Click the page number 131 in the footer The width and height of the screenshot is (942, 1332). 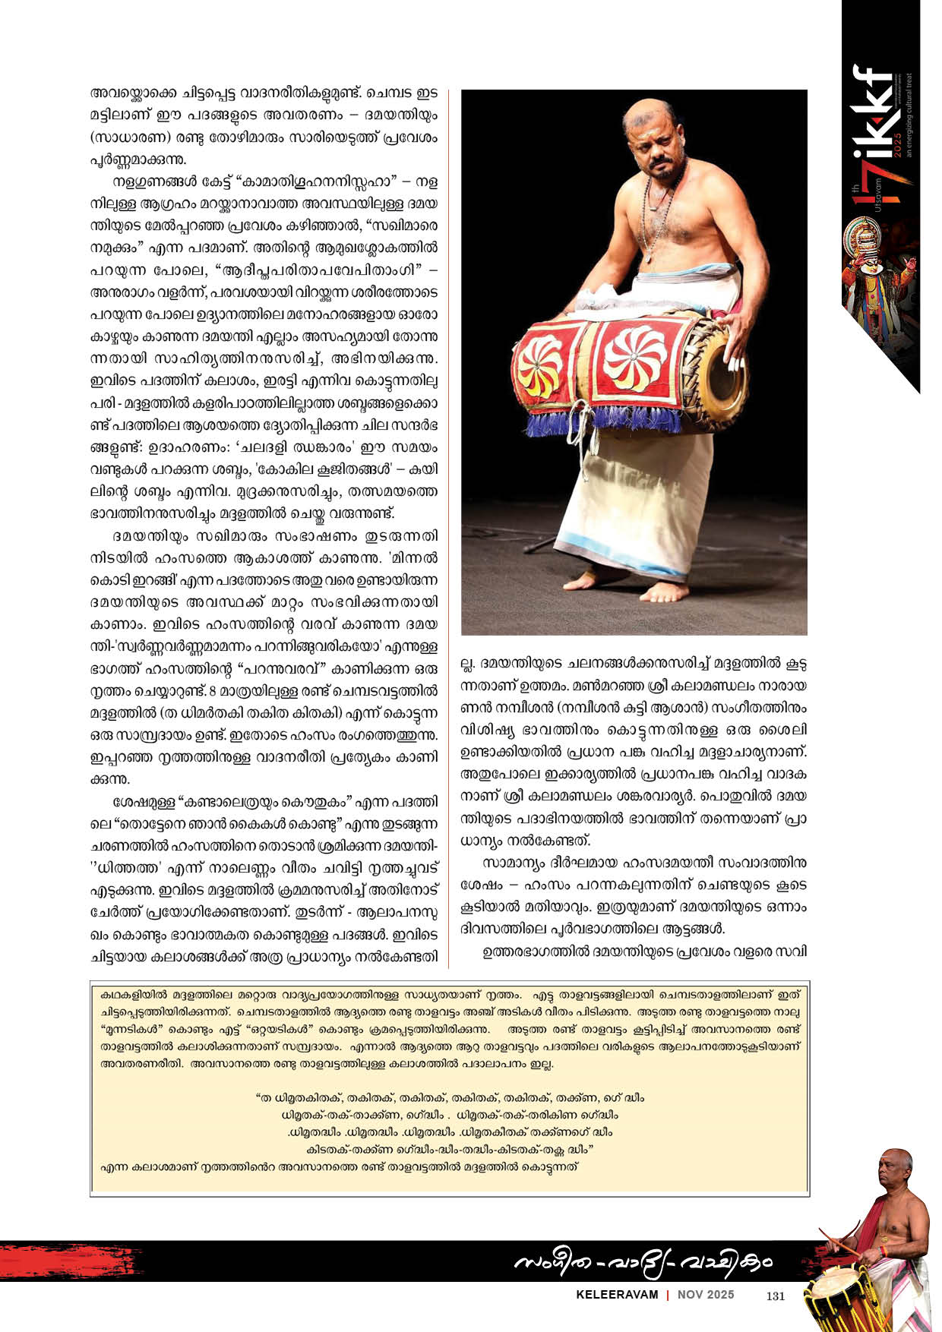click(776, 1296)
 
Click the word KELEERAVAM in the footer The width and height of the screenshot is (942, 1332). click(617, 1296)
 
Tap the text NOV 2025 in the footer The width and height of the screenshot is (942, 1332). click(706, 1296)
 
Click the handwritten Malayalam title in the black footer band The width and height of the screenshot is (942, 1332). click(642, 1263)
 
